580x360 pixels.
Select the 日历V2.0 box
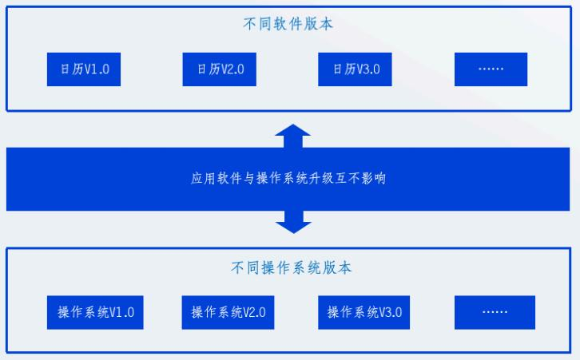coord(220,69)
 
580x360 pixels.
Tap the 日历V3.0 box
coord(356,69)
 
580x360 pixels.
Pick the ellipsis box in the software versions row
coord(491,69)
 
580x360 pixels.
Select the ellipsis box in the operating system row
coord(491,311)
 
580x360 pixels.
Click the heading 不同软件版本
coord(288,24)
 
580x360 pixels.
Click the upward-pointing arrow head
coord(292,131)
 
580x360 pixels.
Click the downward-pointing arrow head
coord(292,225)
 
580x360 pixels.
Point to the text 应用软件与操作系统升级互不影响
coord(288,177)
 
